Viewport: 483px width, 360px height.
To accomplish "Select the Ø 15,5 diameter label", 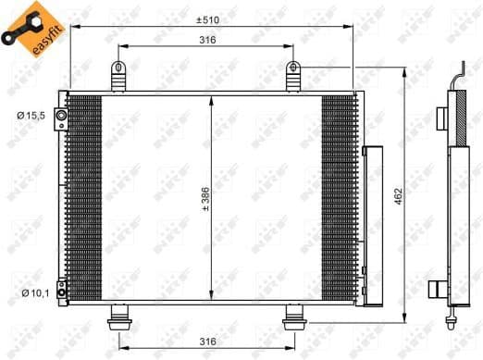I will (29, 115).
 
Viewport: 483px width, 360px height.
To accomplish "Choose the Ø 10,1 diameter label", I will (29, 293).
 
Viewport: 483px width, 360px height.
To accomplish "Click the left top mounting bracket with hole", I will (118, 74).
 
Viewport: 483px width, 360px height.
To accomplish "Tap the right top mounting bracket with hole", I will (293, 74).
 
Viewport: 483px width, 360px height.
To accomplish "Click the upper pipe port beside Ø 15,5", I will (61, 116).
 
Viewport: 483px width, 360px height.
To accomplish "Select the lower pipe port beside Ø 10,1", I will (61, 293).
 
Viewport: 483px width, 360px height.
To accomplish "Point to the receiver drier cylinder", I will (373, 225).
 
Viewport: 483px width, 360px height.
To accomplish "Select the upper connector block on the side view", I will (442, 117).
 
